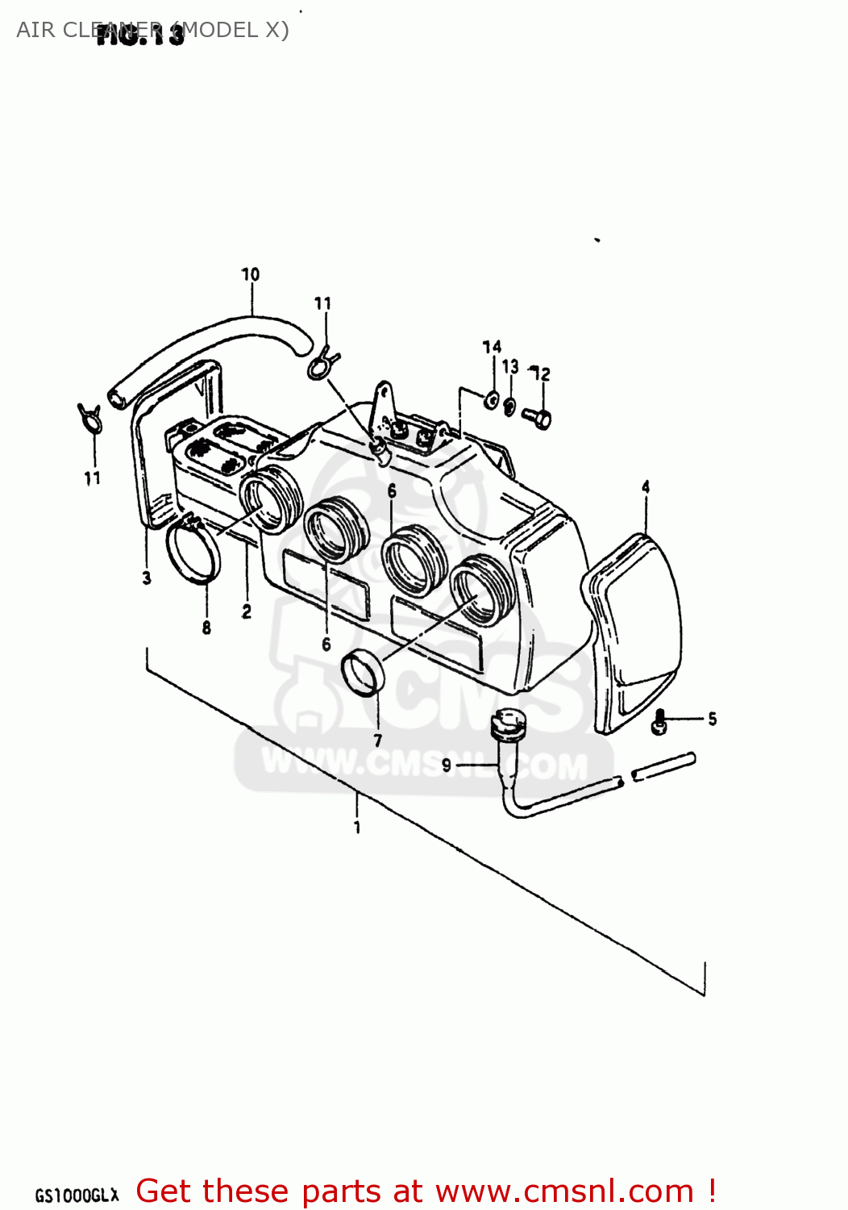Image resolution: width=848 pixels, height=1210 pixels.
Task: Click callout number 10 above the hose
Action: pyautogui.click(x=251, y=274)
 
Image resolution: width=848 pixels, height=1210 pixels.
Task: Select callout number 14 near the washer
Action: pyautogui.click(x=492, y=347)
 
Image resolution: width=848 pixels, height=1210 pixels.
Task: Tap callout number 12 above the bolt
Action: pyautogui.click(x=542, y=373)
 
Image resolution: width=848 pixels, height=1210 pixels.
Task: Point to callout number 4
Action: pyautogui.click(x=646, y=486)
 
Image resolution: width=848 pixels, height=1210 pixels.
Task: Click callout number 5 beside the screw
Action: pyautogui.click(x=712, y=719)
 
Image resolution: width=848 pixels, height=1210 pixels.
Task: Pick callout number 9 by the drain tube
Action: pyautogui.click(x=447, y=764)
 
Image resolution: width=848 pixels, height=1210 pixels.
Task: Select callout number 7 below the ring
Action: pyautogui.click(x=378, y=740)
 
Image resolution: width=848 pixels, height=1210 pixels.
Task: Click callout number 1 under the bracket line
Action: pyautogui.click(x=357, y=827)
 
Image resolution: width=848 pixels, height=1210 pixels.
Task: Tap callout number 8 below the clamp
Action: pyautogui.click(x=206, y=628)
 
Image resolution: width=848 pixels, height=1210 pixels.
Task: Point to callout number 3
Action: pyautogui.click(x=147, y=578)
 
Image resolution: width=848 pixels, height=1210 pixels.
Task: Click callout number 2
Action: pyautogui.click(x=247, y=612)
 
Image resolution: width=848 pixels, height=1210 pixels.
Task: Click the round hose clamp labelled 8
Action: pyautogui.click(x=193, y=552)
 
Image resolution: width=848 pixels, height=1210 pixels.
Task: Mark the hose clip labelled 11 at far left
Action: pyautogui.click(x=89, y=417)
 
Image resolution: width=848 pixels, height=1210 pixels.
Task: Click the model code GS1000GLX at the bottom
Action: pyautogui.click(x=77, y=1195)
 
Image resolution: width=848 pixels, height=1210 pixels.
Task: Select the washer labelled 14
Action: pyautogui.click(x=491, y=398)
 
